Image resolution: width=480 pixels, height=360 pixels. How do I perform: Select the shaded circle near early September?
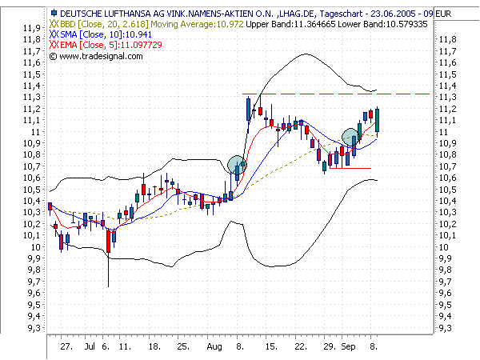(x=351, y=138)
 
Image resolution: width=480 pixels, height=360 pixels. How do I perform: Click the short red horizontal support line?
(x=350, y=168)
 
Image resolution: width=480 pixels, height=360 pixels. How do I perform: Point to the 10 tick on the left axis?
(x=38, y=246)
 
